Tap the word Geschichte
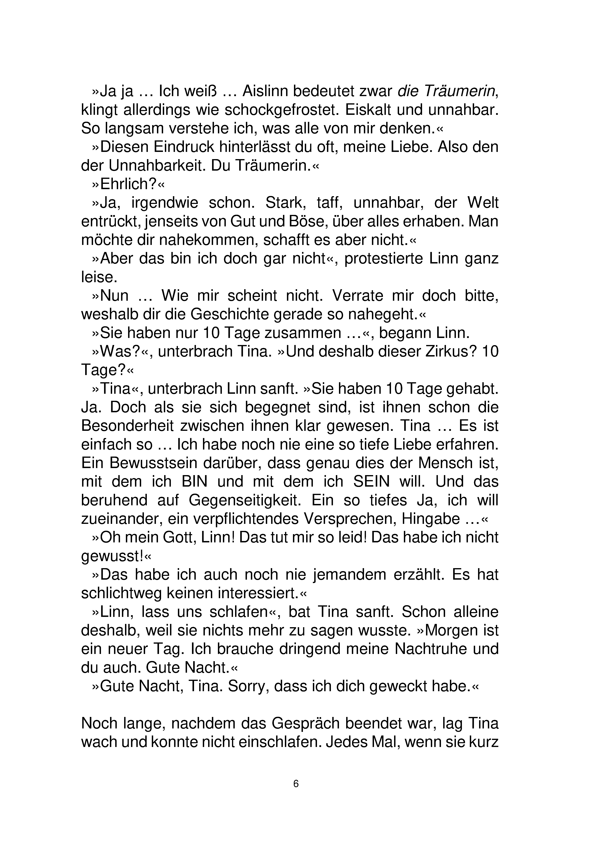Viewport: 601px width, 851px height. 230,314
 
